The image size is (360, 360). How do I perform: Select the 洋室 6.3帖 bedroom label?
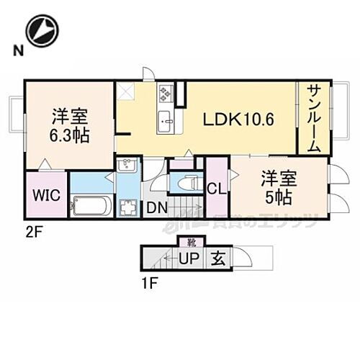(x=70, y=124)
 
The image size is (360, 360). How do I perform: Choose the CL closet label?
(x=215, y=189)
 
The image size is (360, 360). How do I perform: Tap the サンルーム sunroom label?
(x=314, y=117)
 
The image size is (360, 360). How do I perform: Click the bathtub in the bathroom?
(x=91, y=206)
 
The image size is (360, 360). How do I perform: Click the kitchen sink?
(x=165, y=120)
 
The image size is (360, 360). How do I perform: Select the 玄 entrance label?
(x=218, y=257)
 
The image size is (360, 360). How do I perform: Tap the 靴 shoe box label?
(x=192, y=240)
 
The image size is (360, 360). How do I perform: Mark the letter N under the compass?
(x=15, y=50)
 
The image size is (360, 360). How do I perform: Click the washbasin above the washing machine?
(x=125, y=168)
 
